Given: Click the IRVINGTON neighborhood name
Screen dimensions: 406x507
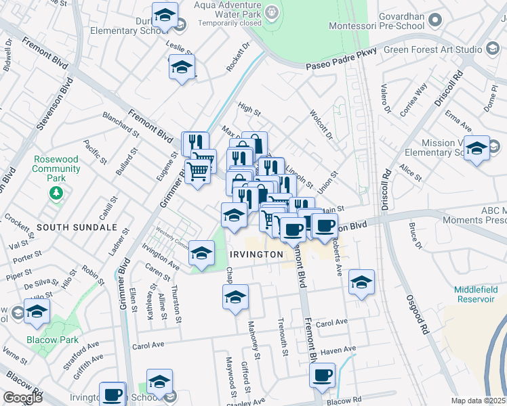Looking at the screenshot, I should pyautogui.click(x=256, y=254).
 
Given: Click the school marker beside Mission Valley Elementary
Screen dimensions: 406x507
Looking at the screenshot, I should pyautogui.click(x=476, y=149).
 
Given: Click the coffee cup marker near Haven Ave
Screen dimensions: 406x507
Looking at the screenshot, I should pyautogui.click(x=323, y=375).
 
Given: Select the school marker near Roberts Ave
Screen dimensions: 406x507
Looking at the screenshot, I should pyautogui.click(x=361, y=282).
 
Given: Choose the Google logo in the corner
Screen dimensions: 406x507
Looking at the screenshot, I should pyautogui.click(x=22, y=397).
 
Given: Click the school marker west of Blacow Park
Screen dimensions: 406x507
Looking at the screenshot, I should pyautogui.click(x=37, y=312).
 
